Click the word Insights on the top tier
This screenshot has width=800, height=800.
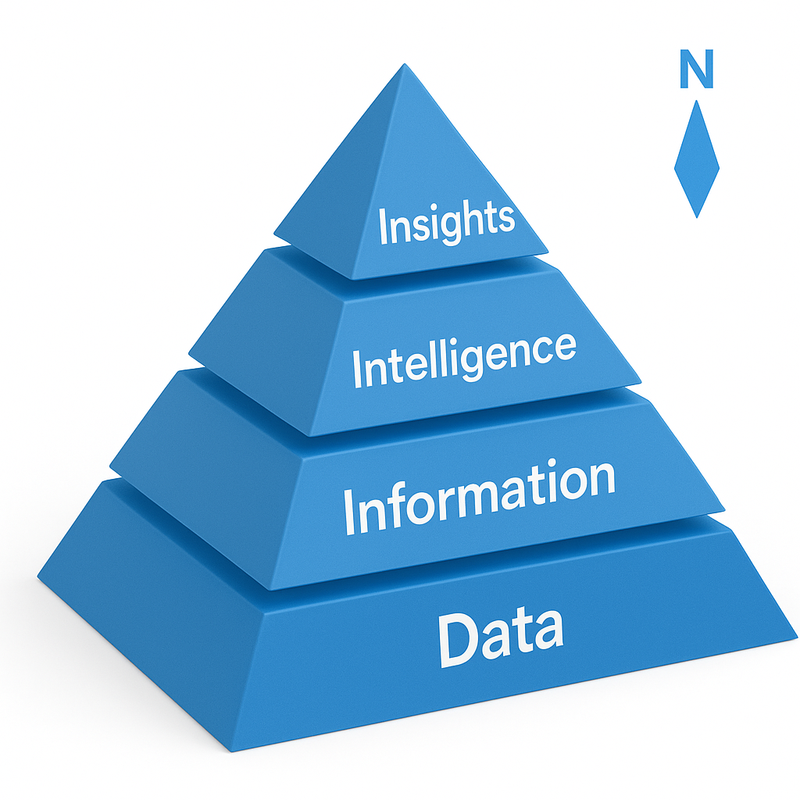click(447, 221)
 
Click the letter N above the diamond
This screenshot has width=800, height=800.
click(695, 71)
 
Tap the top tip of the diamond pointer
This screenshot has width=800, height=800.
click(696, 101)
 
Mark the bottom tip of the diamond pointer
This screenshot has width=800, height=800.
click(695, 217)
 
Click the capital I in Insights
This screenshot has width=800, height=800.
click(383, 227)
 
